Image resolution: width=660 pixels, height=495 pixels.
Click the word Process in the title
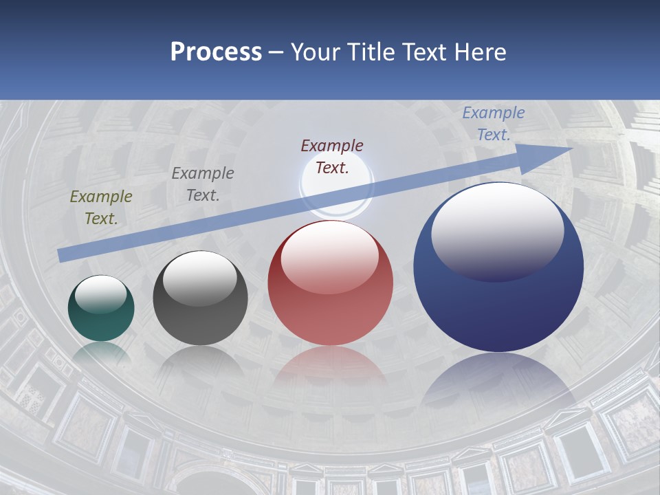click(216, 52)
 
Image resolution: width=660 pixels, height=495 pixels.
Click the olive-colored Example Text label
click(101, 208)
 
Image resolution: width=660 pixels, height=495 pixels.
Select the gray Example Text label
click(203, 184)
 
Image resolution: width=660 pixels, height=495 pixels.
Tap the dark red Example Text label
click(332, 156)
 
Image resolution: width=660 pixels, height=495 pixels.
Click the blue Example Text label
click(493, 124)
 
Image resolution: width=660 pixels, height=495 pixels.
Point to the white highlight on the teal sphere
click(101, 294)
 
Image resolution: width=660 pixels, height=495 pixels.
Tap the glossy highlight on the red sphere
click(330, 256)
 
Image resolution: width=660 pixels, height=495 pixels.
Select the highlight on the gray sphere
click(200, 276)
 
